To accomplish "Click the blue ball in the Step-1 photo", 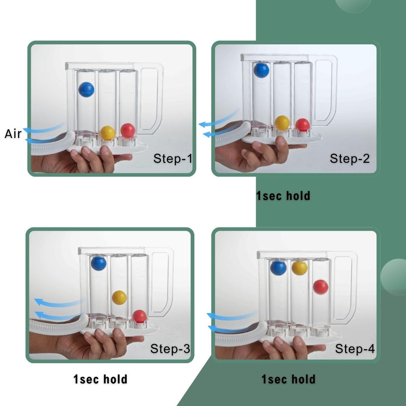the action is click(86, 89).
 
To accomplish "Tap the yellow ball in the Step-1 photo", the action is click(108, 133).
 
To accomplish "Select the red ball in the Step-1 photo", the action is click(128, 130).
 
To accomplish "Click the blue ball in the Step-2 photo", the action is click(261, 70).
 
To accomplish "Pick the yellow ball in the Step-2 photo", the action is click(282, 123).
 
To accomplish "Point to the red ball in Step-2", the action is click(303, 125).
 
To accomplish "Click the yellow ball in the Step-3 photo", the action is click(120, 298).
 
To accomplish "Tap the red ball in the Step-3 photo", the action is click(139, 317).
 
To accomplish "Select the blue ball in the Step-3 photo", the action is click(98, 263).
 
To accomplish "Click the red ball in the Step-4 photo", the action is click(321, 287).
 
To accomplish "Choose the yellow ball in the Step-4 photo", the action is click(300, 268).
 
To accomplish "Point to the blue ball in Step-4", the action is click(278, 268).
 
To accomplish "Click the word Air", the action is click(13, 134).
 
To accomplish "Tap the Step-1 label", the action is click(173, 158).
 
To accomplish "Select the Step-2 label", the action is click(350, 158).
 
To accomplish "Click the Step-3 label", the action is click(170, 348).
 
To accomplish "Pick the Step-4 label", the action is click(355, 348).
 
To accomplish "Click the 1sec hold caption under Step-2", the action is click(283, 196).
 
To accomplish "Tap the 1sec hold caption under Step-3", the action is click(100, 379).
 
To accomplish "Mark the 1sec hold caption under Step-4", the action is click(288, 379).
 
